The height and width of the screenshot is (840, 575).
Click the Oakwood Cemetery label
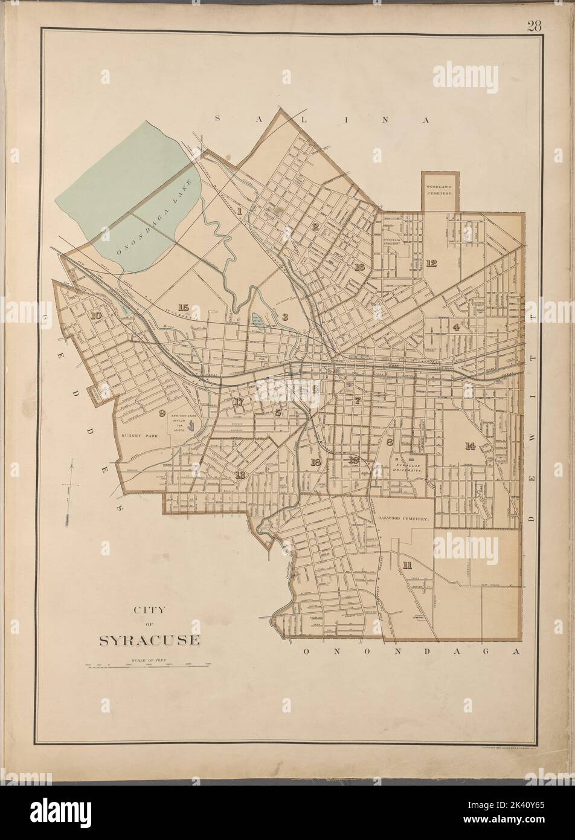[403, 519]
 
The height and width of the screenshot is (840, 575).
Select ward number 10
[95, 315]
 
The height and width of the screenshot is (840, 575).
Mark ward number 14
[470, 446]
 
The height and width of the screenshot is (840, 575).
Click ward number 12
[431, 263]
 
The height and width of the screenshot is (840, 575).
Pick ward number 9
[161, 413]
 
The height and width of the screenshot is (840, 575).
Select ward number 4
[457, 327]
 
